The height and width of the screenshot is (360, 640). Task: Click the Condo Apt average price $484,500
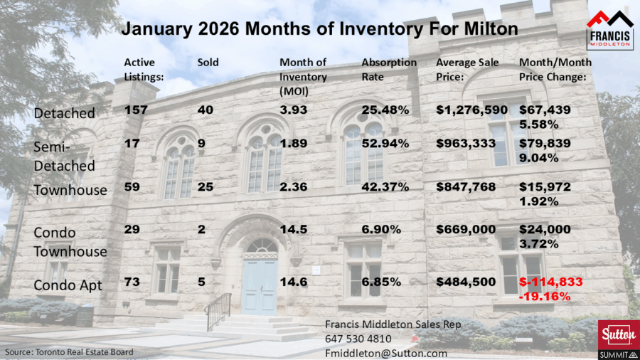coord(466,282)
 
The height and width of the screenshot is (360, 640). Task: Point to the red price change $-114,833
coord(551,282)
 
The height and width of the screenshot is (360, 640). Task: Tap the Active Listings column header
coord(144,70)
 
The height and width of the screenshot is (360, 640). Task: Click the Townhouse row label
coord(70,190)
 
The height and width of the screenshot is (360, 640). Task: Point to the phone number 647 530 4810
coord(358,339)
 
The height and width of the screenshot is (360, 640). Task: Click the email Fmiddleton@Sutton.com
coord(386,353)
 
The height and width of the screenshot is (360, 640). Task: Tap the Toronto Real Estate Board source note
coord(69,352)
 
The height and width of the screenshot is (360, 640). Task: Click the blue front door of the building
coord(260,287)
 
